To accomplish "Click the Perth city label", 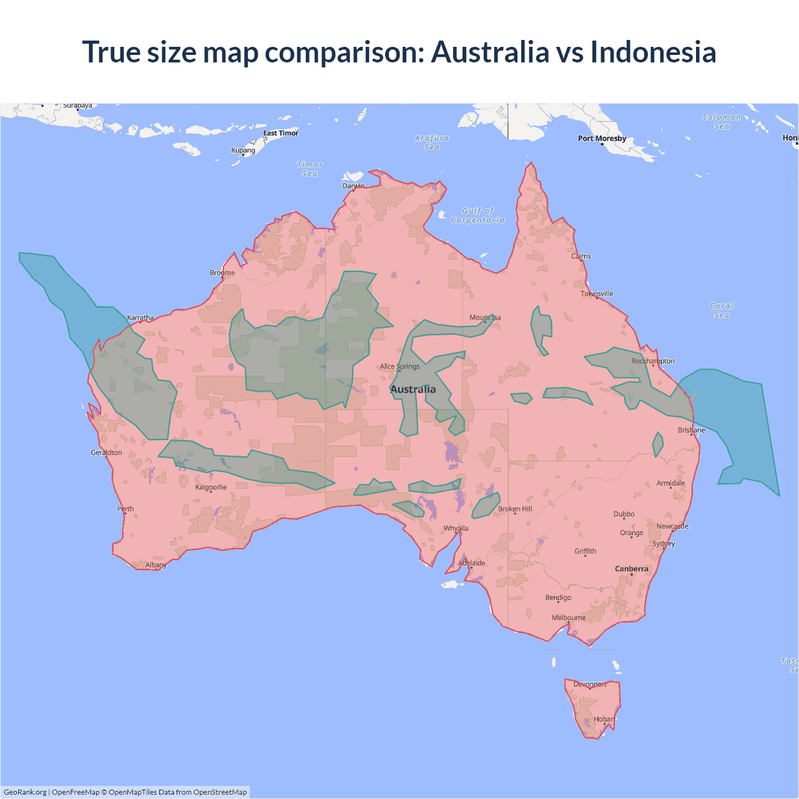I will pyautogui.click(x=125, y=509).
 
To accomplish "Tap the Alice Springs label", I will pyautogui.click(x=399, y=366).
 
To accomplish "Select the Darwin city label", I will pyautogui.click(x=353, y=186).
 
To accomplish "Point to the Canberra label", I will pyautogui.click(x=631, y=569).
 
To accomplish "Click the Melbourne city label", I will pyautogui.click(x=569, y=618).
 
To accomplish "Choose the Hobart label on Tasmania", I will pyautogui.click(x=604, y=719).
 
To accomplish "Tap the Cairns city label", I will pyautogui.click(x=581, y=256).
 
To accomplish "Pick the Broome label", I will pyautogui.click(x=222, y=273).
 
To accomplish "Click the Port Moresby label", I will pyautogui.click(x=602, y=139).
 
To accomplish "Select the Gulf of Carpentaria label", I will pyautogui.click(x=478, y=215).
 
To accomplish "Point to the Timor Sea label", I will pyautogui.click(x=310, y=169).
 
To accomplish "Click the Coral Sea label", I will pyautogui.click(x=722, y=310).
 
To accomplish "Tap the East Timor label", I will pyautogui.click(x=280, y=133).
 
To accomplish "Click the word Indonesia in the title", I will pyautogui.click(x=653, y=52).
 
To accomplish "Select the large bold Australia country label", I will pyautogui.click(x=413, y=390).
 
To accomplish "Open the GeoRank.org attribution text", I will pyautogui.click(x=25, y=792).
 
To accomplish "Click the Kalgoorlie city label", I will pyautogui.click(x=211, y=487).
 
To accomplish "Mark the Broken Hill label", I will pyautogui.click(x=515, y=509).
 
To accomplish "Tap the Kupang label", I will pyautogui.click(x=243, y=150).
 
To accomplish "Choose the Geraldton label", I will pyautogui.click(x=106, y=453).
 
